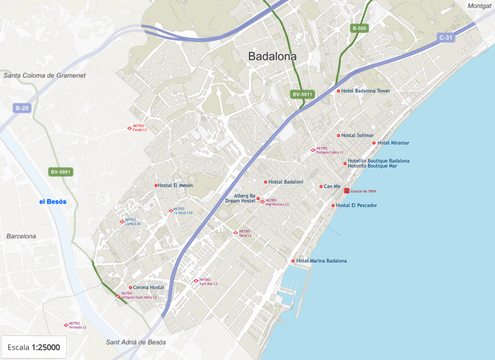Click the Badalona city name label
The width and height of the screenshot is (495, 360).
pyautogui.click(x=272, y=56)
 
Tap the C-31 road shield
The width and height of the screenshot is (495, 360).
pyautogui.click(x=445, y=37)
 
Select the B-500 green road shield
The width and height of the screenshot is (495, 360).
pyautogui.click(x=359, y=28)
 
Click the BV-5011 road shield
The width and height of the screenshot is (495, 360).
pyautogui.click(x=302, y=94)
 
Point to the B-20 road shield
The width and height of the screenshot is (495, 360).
pyautogui.click(x=22, y=108)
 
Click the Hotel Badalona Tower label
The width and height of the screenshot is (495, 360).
pyautogui.click(x=365, y=91)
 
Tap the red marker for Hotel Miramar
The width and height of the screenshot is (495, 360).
pyautogui.click(x=374, y=143)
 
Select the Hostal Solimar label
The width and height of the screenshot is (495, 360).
pyautogui.click(x=357, y=135)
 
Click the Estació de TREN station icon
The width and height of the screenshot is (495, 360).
pyautogui.click(x=346, y=191)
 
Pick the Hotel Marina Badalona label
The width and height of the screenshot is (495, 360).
pyautogui.click(x=321, y=261)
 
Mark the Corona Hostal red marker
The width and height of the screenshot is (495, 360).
pyautogui.click(x=130, y=287)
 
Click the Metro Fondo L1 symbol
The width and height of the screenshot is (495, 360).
pyautogui.click(x=129, y=128)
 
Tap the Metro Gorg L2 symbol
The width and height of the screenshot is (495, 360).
pyautogui.click(x=235, y=232)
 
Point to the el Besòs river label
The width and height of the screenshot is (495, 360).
pyautogui.click(x=53, y=202)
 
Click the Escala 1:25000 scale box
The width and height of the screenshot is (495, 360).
pyautogui.click(x=34, y=347)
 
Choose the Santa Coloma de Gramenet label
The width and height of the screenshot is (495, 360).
pyautogui.click(x=44, y=75)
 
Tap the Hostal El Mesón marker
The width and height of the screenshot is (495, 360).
pyautogui.click(x=156, y=185)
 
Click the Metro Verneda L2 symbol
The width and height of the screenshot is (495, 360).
pyautogui.click(x=66, y=325)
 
